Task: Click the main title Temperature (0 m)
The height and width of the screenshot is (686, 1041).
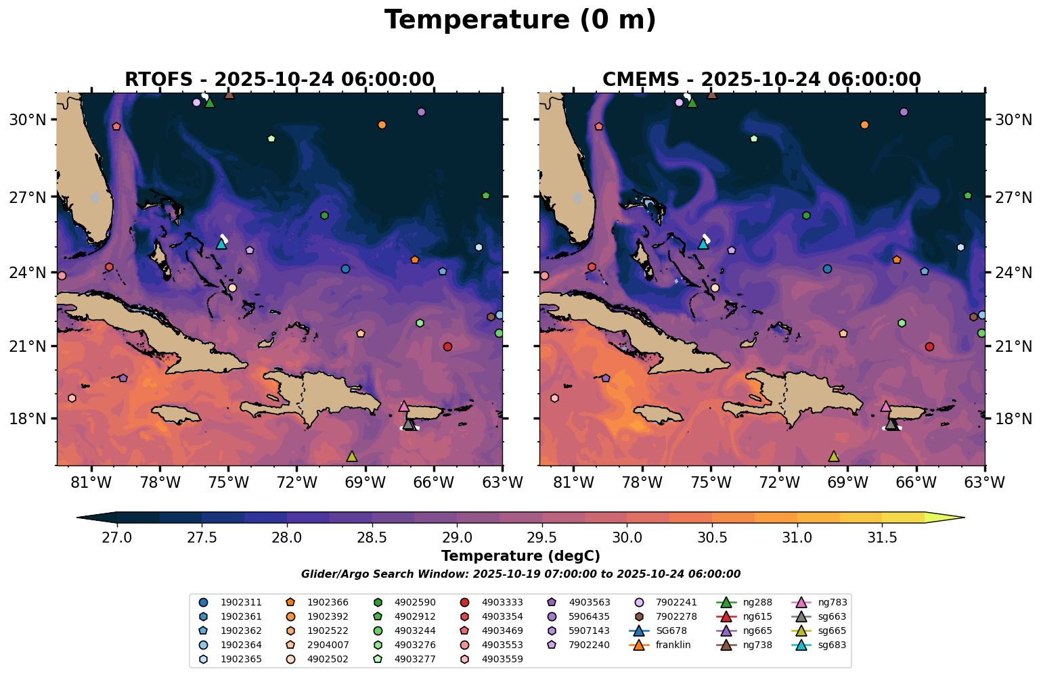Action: tap(520, 20)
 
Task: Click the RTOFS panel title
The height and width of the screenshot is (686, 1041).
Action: tap(280, 79)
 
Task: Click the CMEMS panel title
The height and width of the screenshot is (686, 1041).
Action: tap(761, 79)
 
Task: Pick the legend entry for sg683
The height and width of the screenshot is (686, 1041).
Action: tap(832, 645)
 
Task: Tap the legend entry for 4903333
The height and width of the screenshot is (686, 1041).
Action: tap(502, 602)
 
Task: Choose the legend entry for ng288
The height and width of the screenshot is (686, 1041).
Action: tap(757, 602)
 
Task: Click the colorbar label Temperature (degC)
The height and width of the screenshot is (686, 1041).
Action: tap(520, 556)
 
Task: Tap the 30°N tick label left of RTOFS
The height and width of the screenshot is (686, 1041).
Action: tap(27, 120)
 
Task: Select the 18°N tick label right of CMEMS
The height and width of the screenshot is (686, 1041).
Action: tap(1013, 419)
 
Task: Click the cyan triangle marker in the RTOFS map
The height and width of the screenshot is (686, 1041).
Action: tap(221, 244)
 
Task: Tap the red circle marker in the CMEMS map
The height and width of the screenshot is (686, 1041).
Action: tap(929, 346)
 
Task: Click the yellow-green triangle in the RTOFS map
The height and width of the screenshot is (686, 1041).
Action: tap(351, 457)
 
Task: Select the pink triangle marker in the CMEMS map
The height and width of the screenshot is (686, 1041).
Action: tap(885, 407)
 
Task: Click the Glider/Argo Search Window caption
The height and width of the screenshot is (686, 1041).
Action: tap(520, 574)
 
